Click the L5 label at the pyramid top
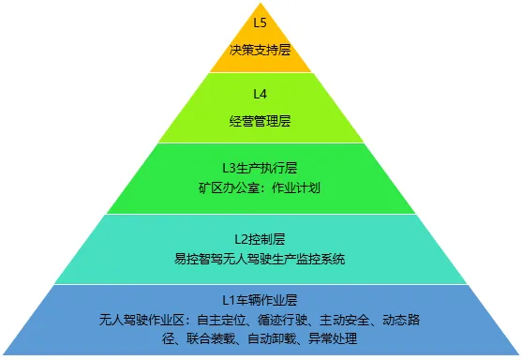pyautogui.click(x=261, y=20)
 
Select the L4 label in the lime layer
pyautogui.click(x=261, y=94)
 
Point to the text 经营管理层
pyautogui.click(x=261, y=122)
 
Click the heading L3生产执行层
pyautogui.click(x=261, y=168)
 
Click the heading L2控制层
pyautogui.click(x=261, y=238)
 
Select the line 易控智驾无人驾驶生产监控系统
pyautogui.click(x=261, y=257)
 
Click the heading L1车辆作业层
pyautogui.click(x=261, y=300)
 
